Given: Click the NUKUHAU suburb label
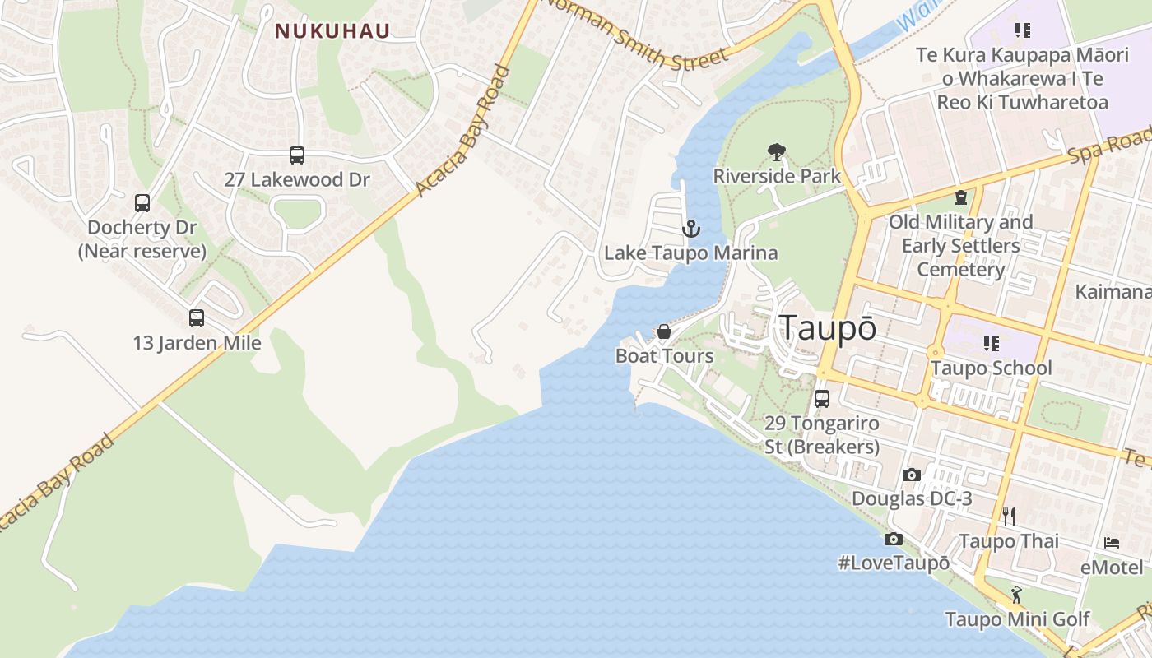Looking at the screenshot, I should tap(332, 31).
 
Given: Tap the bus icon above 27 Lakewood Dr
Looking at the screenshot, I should tap(297, 155).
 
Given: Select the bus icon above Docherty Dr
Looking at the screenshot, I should tap(142, 202).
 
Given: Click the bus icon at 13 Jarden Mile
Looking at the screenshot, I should tap(197, 318).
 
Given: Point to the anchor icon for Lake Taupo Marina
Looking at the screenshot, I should tap(691, 229).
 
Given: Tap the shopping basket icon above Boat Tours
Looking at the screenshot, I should tap(664, 331).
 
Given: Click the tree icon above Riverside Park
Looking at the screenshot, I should tap(776, 151).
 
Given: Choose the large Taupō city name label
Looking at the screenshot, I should tap(828, 327).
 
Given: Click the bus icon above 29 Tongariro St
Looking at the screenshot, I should tap(822, 399).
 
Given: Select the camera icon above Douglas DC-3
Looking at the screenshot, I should tap(912, 475).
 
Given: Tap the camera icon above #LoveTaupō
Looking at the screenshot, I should tap(893, 540).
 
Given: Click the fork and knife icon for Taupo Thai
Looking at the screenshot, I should tap(1009, 517).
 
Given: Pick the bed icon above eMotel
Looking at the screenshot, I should tap(1112, 543).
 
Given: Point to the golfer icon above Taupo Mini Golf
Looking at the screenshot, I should tap(1017, 594).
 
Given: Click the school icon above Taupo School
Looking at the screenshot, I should tap(991, 343).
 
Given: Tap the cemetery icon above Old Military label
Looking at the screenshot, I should tap(960, 197).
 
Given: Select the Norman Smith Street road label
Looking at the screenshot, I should tap(634, 33).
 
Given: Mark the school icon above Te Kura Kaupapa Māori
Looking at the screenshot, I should tap(1023, 30).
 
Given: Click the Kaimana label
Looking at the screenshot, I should tap(1113, 292).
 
